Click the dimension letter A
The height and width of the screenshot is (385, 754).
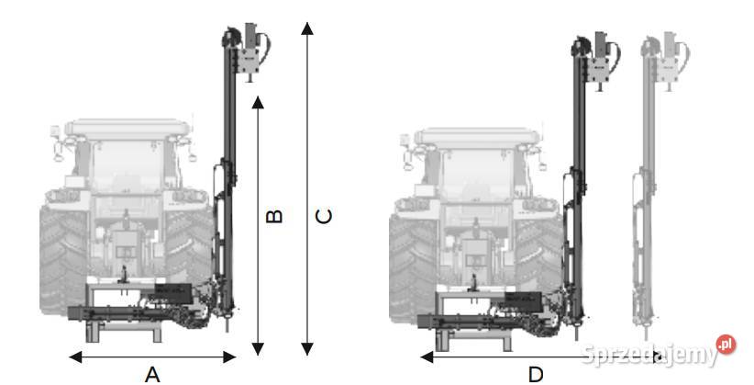click(x=152, y=374)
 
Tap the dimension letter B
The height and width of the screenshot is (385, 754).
click(x=274, y=216)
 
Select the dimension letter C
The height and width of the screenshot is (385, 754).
click(x=323, y=216)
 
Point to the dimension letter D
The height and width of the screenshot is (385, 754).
click(x=536, y=374)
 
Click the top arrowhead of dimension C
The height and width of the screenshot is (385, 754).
click(x=307, y=28)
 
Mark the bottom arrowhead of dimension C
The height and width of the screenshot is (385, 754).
click(x=307, y=349)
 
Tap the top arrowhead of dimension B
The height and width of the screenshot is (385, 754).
click(x=258, y=102)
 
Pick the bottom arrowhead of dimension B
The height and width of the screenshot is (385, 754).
click(x=258, y=349)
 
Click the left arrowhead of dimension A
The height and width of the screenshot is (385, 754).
click(x=75, y=357)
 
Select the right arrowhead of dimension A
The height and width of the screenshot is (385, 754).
click(x=230, y=357)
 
